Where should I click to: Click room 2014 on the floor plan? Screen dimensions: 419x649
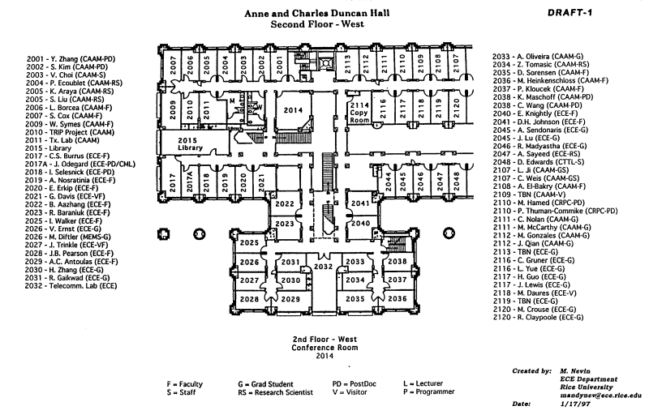[293, 110]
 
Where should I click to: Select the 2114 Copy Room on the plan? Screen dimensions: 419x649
[359, 111]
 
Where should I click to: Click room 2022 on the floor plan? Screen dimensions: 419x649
[285, 203]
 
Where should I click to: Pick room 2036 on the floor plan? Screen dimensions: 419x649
[397, 298]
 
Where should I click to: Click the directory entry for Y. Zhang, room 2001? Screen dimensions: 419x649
[71, 58]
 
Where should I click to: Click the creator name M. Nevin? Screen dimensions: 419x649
[576, 370]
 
